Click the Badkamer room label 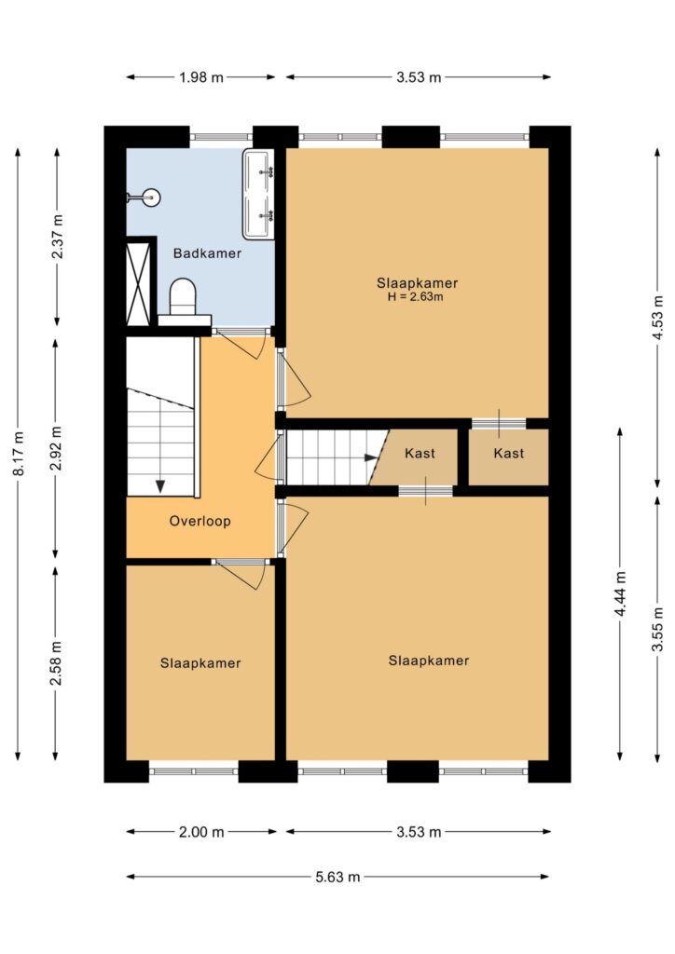coord(207,253)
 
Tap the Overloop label coord(200,521)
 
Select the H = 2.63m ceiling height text coord(416,297)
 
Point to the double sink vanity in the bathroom coord(258,194)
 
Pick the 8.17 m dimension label coord(19,454)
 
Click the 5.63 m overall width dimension coord(337,877)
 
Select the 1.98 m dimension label coord(201,77)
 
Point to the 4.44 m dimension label coord(620,593)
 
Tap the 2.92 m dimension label coord(56,448)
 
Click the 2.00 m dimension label coord(201,832)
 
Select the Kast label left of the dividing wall coord(420,454)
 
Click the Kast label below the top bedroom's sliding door coord(509,454)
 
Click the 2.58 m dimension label coord(56,662)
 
